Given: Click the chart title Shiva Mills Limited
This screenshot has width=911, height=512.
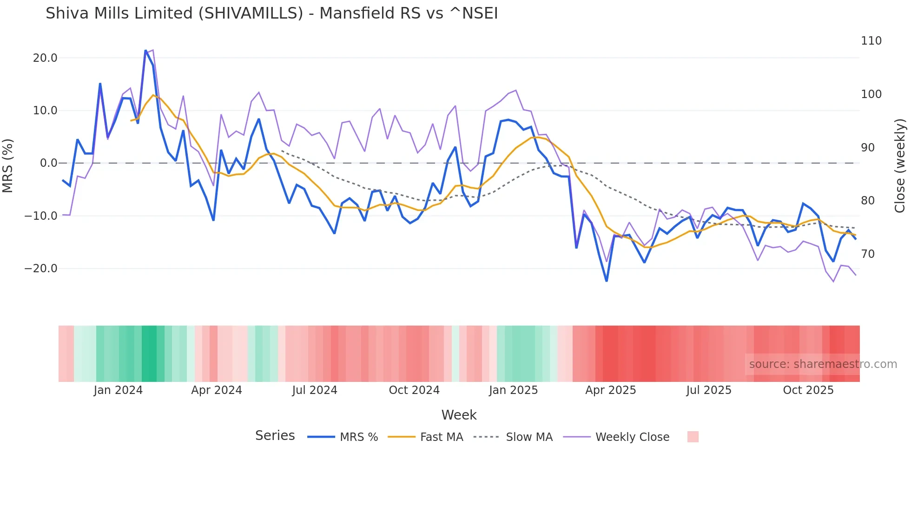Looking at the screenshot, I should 271,13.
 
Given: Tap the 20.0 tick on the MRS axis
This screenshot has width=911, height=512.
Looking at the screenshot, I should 45,58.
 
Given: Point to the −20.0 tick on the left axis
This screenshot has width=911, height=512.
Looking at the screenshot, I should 41,269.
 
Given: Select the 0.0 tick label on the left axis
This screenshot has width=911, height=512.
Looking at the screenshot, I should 48,163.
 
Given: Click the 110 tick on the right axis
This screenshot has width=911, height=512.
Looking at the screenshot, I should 871,41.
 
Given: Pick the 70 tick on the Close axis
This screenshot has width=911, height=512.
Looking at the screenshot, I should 867,254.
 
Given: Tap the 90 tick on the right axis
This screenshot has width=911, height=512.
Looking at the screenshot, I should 867,148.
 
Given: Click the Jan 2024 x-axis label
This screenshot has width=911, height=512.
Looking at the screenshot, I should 118,390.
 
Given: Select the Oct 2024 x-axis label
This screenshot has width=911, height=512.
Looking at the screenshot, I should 414,390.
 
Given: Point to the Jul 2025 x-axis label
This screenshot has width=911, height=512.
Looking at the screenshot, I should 709,390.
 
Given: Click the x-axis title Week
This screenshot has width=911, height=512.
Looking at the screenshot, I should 459,415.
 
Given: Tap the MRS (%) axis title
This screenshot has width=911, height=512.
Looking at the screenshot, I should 8,165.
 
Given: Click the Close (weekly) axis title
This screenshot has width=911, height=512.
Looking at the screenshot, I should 900,165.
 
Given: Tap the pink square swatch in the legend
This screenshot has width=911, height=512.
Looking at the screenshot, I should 693,437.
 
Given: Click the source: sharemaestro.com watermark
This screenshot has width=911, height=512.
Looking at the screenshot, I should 823,364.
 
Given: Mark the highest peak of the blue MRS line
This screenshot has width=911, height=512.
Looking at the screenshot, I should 145,51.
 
